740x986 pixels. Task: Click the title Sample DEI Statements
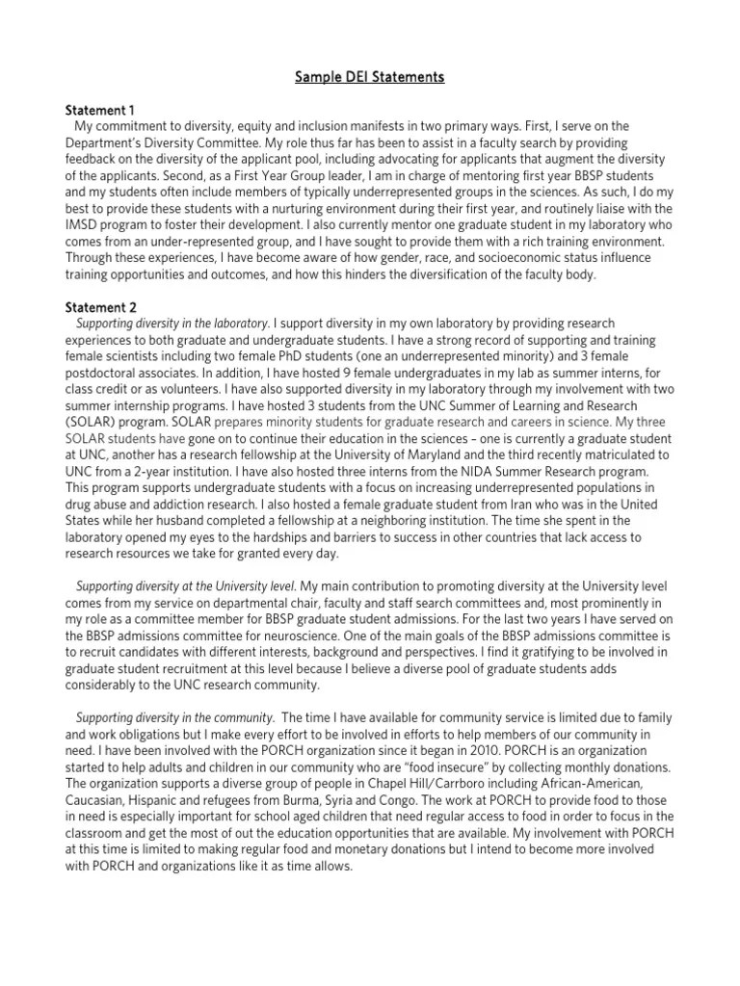pyautogui.click(x=370, y=77)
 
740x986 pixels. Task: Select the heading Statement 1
pyautogui.click(x=101, y=109)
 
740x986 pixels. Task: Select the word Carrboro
pyautogui.click(x=468, y=785)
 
